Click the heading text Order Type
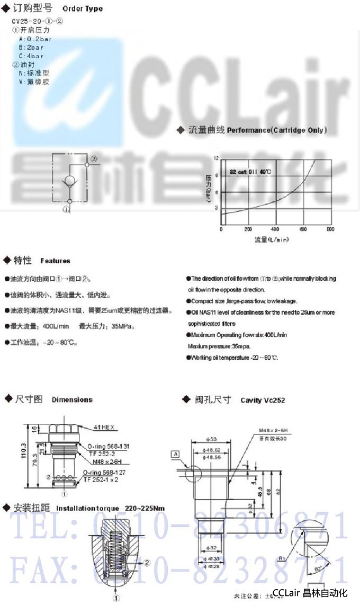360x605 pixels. click(83, 9)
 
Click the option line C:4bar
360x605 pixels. click(31, 56)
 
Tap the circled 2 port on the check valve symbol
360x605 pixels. click(93, 158)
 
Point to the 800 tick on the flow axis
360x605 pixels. click(330, 230)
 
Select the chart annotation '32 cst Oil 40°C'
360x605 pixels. click(250, 172)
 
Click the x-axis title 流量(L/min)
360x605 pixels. click(271, 239)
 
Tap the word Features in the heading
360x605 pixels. click(55, 261)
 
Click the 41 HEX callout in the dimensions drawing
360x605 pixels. click(103, 426)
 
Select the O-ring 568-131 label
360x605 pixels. click(109, 446)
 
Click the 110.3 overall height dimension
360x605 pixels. click(23, 456)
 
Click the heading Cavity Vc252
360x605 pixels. click(263, 400)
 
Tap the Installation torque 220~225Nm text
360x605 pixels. click(110, 508)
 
